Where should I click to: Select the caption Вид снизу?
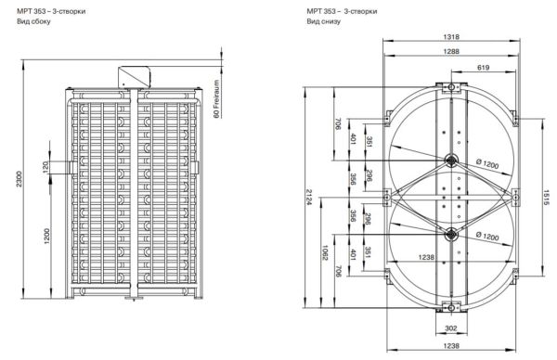(x=323, y=20)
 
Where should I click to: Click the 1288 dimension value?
(x=450, y=53)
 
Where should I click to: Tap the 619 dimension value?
(x=483, y=69)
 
